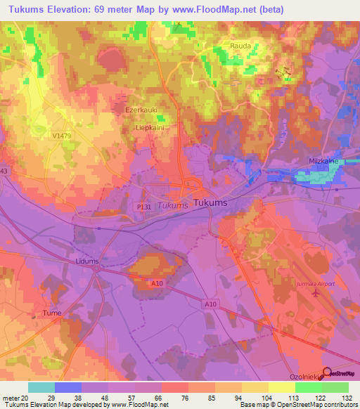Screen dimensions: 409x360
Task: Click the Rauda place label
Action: click(240, 46)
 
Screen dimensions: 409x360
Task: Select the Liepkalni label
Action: click(150, 129)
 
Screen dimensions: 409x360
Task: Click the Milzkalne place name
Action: click(324, 160)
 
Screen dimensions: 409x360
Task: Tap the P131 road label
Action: click(145, 199)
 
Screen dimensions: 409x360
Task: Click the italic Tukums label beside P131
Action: click(172, 205)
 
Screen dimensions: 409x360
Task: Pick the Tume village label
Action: click(52, 313)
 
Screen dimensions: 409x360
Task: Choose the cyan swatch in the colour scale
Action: click(41, 387)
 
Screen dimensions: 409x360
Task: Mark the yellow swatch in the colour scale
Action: click(282, 387)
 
